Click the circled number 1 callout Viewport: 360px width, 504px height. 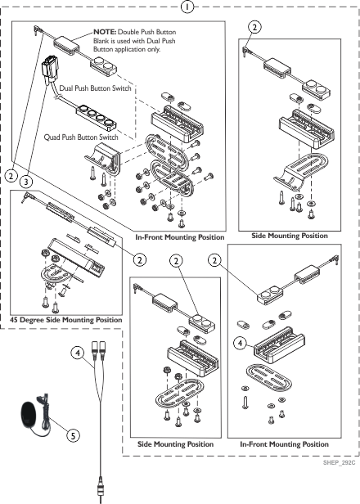click(x=187, y=7)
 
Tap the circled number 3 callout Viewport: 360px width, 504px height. click(x=26, y=182)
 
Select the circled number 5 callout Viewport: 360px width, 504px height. click(x=73, y=436)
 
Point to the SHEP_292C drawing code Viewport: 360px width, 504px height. click(x=339, y=462)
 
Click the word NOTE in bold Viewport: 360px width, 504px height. click(x=105, y=32)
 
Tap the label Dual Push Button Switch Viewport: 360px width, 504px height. click(x=96, y=88)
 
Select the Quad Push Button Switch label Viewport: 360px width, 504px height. click(x=81, y=137)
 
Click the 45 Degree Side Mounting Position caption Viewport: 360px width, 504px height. click(x=66, y=320)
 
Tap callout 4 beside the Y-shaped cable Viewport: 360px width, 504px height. click(x=78, y=353)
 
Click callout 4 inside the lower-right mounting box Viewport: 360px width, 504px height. click(x=240, y=344)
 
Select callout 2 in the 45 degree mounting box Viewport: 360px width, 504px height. click(x=139, y=259)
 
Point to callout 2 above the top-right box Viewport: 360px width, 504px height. click(x=254, y=27)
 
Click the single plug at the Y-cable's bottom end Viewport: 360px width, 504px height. click(x=101, y=489)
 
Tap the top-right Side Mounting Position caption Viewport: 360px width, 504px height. click(x=290, y=236)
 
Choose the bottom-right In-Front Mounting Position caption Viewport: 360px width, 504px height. click(x=284, y=444)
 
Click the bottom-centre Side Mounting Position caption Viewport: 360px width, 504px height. click(x=175, y=444)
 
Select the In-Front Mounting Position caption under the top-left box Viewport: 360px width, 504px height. click(x=180, y=237)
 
